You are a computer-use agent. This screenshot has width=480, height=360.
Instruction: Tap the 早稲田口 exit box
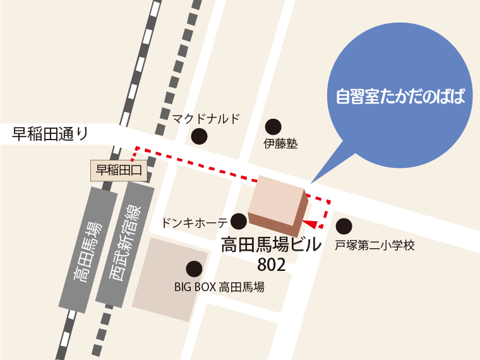point(120,169)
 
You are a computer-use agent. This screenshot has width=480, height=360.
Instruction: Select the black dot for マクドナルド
point(200,135)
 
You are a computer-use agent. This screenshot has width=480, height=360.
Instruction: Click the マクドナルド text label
point(207,118)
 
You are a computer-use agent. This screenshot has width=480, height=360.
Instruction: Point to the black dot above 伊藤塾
point(273,126)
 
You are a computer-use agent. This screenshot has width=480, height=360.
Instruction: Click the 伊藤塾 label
point(280,144)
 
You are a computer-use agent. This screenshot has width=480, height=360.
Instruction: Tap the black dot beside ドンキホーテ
point(239,221)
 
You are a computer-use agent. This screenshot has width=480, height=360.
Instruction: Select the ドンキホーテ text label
point(195,222)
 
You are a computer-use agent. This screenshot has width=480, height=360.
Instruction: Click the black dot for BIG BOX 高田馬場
point(195,269)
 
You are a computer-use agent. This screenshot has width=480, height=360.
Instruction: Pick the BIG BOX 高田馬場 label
point(219,287)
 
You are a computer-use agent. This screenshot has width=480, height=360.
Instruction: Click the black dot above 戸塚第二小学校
point(344,225)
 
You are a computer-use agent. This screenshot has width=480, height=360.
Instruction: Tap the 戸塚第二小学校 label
point(375,245)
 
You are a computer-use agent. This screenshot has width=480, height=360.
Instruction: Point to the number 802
point(272,264)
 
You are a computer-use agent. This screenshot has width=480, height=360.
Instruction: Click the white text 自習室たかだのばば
point(400,98)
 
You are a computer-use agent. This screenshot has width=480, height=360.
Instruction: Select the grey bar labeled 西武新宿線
point(124,243)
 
